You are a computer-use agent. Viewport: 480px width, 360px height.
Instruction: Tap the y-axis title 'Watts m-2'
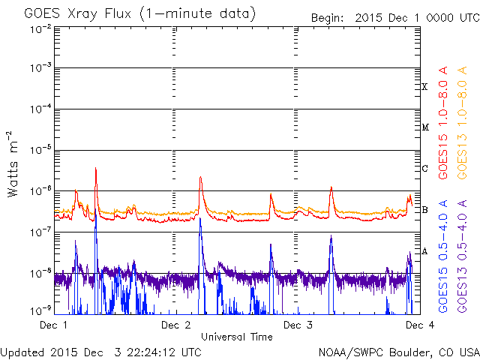(x=13, y=163)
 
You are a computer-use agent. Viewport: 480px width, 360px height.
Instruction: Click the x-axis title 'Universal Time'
(x=236, y=337)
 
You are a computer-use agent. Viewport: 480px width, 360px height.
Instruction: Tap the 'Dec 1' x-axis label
(x=53, y=325)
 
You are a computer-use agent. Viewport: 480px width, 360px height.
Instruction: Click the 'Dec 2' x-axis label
(x=175, y=325)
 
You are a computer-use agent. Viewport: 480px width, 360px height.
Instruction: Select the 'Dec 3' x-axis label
(x=298, y=325)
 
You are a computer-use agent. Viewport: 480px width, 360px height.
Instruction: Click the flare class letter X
(x=425, y=87)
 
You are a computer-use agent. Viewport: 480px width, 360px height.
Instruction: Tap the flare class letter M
(x=425, y=127)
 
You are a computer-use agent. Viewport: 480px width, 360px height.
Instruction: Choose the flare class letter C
(x=425, y=168)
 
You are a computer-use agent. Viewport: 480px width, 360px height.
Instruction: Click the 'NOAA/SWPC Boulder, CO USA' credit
(x=398, y=352)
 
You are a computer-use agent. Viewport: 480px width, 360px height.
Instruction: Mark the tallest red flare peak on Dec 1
(x=96, y=169)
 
